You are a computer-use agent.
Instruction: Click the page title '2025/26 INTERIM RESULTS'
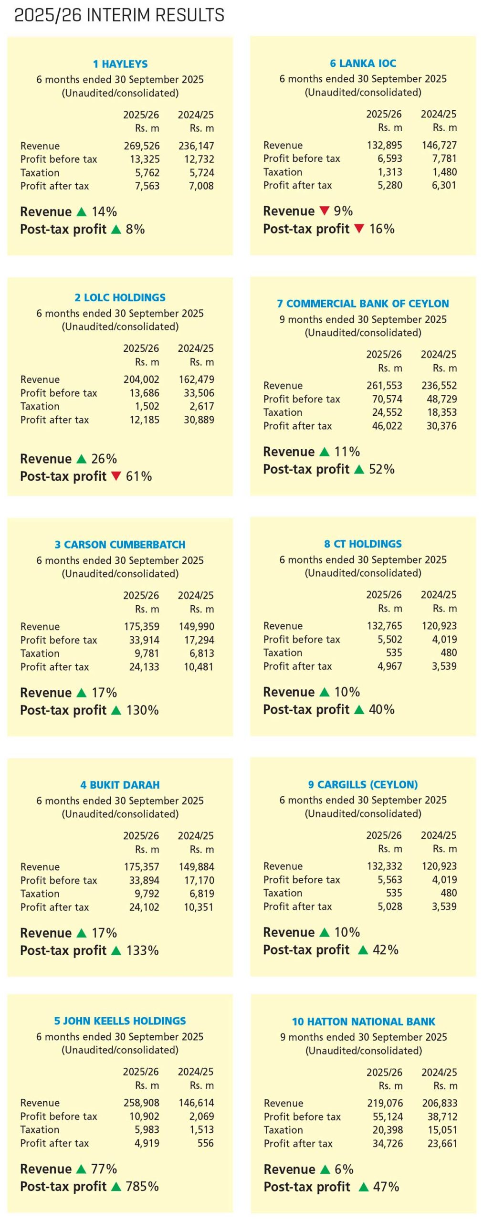(x=119, y=15)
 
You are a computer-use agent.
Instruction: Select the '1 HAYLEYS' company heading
(x=120, y=64)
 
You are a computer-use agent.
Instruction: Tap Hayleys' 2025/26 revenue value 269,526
(x=142, y=146)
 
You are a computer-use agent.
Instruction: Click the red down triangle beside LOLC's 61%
(x=116, y=476)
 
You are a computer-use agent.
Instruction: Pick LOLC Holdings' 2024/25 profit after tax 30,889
(x=199, y=420)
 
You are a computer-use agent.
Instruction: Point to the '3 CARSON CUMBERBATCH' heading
(x=120, y=545)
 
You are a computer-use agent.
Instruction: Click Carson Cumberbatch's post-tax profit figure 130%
(x=142, y=710)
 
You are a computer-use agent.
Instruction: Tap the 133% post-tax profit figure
(x=142, y=950)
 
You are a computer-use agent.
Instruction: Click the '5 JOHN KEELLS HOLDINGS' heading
(x=120, y=1021)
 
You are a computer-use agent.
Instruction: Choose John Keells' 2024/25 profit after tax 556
(x=206, y=1143)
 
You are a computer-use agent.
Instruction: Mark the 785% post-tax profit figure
(x=142, y=1186)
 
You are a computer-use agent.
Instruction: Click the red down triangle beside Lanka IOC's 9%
(x=325, y=211)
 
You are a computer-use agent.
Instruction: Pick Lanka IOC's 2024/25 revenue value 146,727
(x=439, y=145)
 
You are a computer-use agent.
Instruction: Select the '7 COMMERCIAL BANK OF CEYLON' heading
(x=363, y=304)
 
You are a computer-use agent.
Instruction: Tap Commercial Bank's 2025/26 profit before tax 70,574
(x=387, y=399)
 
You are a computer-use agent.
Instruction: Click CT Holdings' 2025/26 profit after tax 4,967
(x=390, y=666)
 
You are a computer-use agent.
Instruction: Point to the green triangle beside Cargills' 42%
(x=363, y=950)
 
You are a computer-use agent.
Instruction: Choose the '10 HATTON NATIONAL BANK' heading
(x=364, y=1022)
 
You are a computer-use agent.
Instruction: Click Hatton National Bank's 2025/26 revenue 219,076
(x=385, y=1103)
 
